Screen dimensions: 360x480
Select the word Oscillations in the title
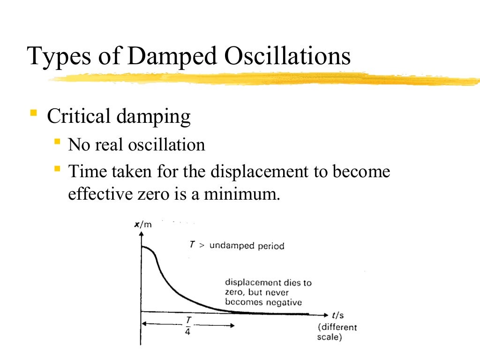tap(287, 56)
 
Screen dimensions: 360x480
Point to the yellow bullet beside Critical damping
tap(33, 112)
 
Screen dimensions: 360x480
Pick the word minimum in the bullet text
tap(241, 194)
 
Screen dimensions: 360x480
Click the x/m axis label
tap(143, 225)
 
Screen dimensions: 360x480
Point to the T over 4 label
tap(187, 324)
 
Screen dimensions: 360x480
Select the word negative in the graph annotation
tap(284, 302)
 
